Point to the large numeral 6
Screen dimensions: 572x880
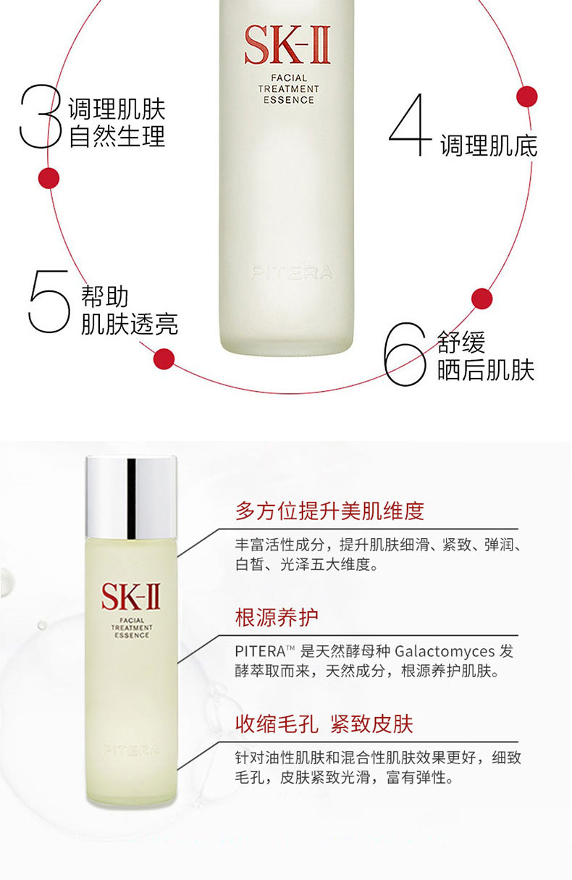point(405,353)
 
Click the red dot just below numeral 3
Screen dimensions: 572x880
point(49,178)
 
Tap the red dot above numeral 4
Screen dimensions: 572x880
point(527,96)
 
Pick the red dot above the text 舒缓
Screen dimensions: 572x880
point(481,299)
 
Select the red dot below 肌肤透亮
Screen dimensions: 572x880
point(164,359)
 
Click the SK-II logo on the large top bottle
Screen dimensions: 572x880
point(287,44)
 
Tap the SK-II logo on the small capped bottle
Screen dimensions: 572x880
point(131,597)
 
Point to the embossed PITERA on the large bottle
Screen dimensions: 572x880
point(292,272)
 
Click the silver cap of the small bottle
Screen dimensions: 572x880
point(131,498)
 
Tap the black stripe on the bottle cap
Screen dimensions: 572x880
point(131,498)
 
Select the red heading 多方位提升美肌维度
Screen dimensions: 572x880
point(329,511)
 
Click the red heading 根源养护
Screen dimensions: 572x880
point(277,617)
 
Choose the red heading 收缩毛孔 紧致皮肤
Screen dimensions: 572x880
point(324,724)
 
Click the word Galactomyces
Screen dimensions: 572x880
point(445,652)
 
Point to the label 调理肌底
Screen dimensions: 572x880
point(488,146)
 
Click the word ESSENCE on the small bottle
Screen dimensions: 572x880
point(132,635)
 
